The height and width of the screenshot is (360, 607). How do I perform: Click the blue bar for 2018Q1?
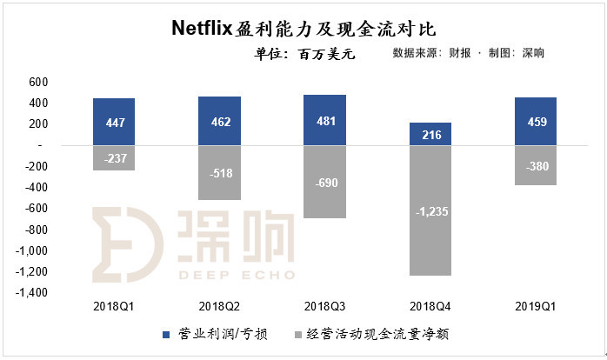[114, 122]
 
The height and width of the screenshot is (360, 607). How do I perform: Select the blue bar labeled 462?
[219, 121]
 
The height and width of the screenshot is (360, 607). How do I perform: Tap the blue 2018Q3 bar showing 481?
[325, 120]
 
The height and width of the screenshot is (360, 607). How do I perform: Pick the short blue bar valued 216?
[430, 134]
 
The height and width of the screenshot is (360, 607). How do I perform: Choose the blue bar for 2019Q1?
[536, 121]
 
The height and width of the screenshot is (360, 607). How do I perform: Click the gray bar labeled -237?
[114, 158]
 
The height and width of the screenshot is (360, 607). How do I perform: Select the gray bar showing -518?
[219, 173]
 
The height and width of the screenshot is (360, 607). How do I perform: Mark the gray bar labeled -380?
[536, 165]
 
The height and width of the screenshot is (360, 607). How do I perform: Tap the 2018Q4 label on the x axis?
[430, 307]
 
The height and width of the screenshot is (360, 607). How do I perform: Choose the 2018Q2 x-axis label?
[219, 307]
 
